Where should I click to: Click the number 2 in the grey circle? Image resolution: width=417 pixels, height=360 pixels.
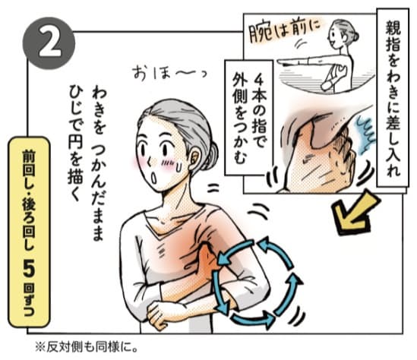[50, 43]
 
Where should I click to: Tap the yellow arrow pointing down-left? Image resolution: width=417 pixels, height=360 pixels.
[355, 213]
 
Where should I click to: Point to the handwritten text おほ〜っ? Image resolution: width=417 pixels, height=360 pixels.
[169, 73]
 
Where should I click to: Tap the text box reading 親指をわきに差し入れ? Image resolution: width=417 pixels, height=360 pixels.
[393, 98]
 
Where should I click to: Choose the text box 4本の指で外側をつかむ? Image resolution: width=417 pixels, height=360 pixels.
[249, 118]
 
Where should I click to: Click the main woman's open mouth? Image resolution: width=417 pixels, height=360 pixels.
[153, 178]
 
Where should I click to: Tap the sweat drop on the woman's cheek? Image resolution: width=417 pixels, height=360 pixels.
[179, 167]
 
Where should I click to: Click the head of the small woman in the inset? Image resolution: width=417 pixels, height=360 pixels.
[341, 36]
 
